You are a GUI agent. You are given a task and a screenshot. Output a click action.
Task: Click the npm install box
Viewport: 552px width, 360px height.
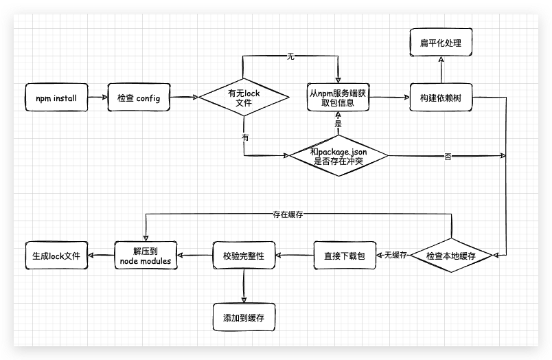point(56,98)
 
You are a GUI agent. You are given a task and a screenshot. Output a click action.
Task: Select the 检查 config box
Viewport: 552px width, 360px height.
point(138,98)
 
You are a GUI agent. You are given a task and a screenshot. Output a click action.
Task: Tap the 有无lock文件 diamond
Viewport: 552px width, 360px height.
point(244,98)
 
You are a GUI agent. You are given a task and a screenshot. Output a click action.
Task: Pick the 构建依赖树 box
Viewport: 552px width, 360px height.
point(440,98)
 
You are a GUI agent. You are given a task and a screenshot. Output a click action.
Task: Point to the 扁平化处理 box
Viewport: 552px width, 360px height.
point(440,43)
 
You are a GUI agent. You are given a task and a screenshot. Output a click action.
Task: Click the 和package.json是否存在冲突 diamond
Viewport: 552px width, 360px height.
point(338,157)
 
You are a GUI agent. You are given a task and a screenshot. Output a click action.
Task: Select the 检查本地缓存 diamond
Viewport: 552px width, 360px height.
point(450,256)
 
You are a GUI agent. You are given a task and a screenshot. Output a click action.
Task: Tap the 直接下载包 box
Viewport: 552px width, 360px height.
point(345,256)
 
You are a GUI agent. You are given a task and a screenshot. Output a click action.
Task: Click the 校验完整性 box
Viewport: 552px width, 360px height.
point(244,256)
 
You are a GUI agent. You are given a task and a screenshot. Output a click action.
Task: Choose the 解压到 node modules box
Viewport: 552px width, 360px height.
point(146,256)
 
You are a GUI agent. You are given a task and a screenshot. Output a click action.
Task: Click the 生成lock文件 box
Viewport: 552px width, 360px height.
point(56,256)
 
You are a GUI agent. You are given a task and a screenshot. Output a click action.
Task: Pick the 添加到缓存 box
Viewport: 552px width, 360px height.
point(244,318)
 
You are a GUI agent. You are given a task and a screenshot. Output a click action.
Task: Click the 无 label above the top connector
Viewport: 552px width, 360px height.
point(290,56)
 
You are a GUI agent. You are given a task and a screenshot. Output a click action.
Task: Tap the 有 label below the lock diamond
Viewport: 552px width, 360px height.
point(245,137)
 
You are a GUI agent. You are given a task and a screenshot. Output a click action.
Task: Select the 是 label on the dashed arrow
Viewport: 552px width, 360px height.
point(338,124)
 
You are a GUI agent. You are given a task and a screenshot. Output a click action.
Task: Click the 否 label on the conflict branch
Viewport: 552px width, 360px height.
point(448,157)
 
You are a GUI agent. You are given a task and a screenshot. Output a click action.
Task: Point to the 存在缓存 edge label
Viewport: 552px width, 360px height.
point(288,214)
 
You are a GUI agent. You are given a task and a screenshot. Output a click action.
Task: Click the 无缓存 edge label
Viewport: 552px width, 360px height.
point(396,256)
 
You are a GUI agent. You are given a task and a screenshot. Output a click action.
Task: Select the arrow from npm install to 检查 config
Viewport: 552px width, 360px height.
point(97,98)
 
